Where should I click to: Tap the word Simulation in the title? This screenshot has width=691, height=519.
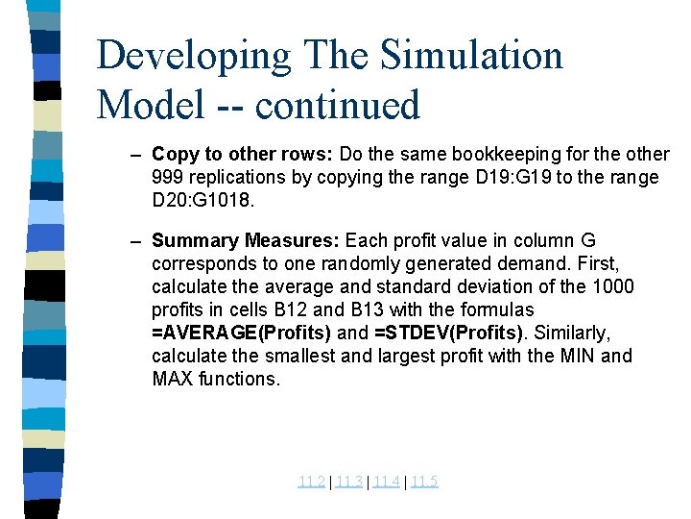[x=471, y=56]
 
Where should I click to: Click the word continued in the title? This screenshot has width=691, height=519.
[x=344, y=104]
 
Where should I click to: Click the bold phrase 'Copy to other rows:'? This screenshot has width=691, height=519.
[x=229, y=155]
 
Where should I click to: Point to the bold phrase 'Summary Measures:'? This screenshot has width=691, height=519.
[x=246, y=240]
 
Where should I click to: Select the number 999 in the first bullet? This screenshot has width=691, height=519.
[x=167, y=178]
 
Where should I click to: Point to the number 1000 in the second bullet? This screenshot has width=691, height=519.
[x=614, y=286]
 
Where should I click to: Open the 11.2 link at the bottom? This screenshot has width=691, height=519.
[x=311, y=482]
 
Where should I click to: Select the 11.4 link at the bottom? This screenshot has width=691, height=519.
[x=386, y=482]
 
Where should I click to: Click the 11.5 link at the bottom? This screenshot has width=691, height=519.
[x=423, y=482]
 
